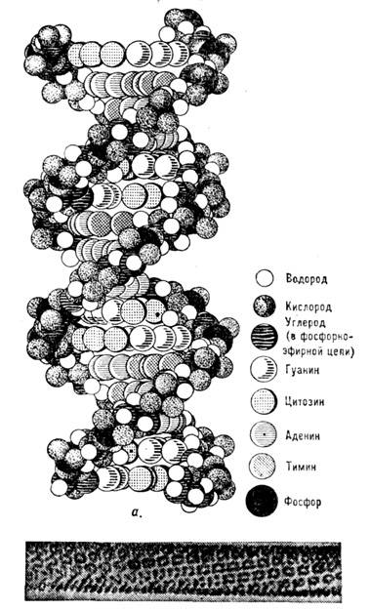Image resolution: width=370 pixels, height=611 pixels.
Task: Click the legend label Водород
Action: (307, 279)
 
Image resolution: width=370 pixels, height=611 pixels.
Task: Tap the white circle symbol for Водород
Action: (265, 278)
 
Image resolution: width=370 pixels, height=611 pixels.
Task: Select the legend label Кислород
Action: (308, 306)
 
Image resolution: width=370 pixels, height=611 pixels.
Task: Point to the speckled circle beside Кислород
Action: (265, 306)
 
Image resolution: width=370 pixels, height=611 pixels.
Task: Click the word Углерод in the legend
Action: (306, 323)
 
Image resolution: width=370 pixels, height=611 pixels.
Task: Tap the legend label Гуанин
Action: (303, 369)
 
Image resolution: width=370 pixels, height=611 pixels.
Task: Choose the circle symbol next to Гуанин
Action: (264, 369)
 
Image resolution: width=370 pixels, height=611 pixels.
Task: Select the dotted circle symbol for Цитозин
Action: (264, 401)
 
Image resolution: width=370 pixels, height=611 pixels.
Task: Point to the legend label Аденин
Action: (303, 435)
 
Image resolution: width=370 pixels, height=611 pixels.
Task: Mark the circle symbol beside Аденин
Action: (264, 433)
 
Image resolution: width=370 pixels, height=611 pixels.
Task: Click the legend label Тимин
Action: (300, 467)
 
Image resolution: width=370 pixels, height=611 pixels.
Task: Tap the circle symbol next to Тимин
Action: (263, 466)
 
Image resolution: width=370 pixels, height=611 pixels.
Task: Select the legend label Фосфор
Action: (303, 502)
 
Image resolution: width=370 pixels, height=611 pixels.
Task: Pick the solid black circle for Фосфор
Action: (262, 501)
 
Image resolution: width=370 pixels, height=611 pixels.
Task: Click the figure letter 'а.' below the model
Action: (137, 513)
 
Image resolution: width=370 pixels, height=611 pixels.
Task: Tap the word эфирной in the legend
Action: (306, 351)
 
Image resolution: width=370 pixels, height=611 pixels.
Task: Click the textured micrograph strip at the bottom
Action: (184, 571)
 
